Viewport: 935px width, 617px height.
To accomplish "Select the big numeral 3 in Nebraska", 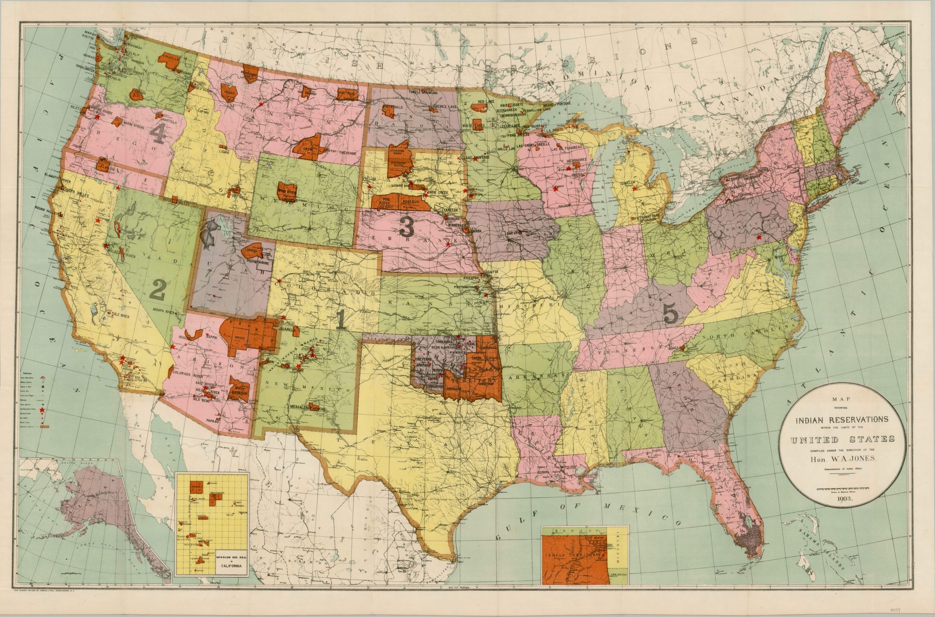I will click(406, 227).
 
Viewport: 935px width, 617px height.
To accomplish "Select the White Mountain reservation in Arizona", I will click(239, 388).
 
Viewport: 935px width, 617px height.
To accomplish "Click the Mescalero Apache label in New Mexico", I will click(307, 409).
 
